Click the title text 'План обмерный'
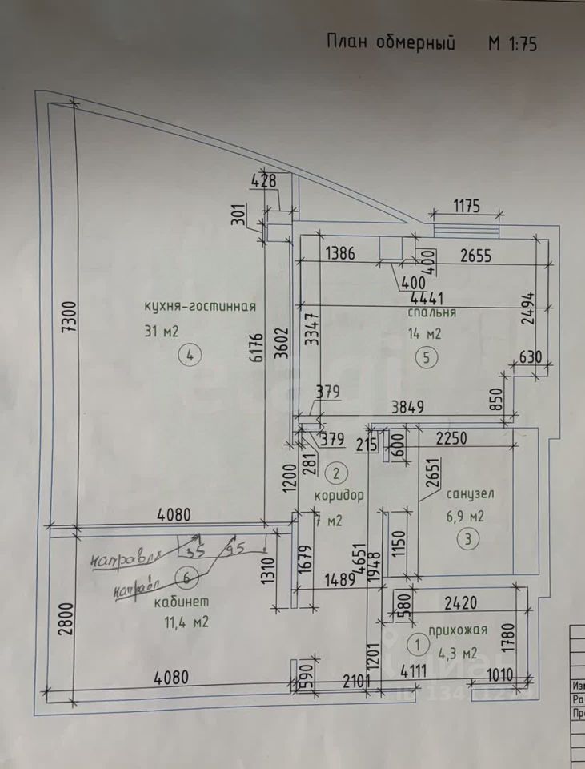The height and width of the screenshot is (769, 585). (x=390, y=42)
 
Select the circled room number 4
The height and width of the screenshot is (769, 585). (x=190, y=356)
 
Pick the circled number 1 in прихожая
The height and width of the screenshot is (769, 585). (x=417, y=642)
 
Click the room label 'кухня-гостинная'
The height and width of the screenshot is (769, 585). (x=199, y=305)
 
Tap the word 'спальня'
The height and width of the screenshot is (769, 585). (x=431, y=312)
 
